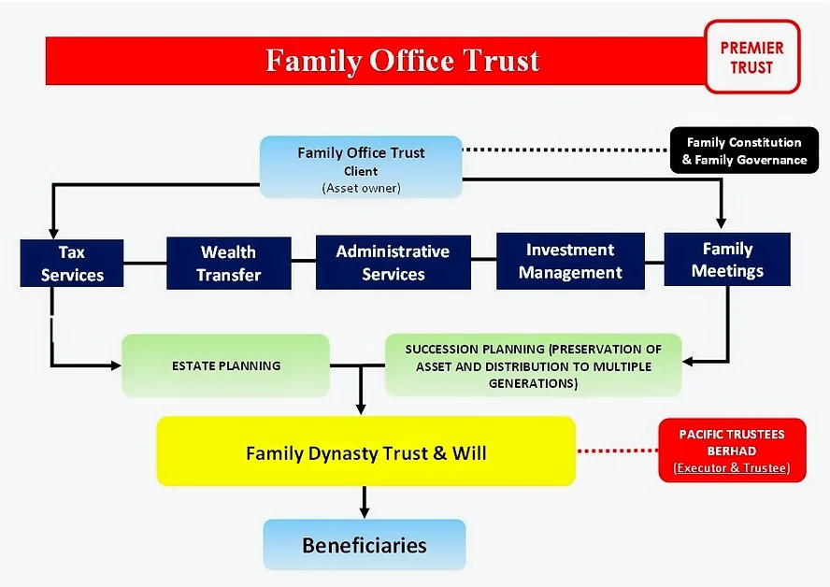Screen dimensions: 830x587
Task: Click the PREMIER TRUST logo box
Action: (x=752, y=57)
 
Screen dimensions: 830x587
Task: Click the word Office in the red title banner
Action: (x=409, y=61)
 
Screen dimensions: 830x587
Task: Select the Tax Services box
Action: (x=72, y=263)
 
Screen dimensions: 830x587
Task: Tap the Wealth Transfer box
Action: (x=229, y=263)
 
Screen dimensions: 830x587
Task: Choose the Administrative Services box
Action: (x=394, y=263)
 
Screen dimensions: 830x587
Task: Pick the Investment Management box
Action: (x=570, y=261)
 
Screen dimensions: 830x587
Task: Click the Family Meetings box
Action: (x=727, y=259)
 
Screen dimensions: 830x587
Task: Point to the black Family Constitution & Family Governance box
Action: (x=744, y=150)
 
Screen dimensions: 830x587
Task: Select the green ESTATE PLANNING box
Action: (x=226, y=365)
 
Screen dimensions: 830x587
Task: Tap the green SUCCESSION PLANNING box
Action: (x=533, y=365)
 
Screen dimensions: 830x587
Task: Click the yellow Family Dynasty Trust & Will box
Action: (x=365, y=451)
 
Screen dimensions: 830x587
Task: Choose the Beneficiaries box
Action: (x=365, y=545)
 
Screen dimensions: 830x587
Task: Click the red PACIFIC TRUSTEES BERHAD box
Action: (x=732, y=451)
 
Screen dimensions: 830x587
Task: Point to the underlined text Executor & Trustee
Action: (x=732, y=468)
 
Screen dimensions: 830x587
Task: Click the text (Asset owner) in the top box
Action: (x=361, y=188)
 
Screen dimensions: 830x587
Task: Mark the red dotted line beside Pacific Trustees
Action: (x=617, y=451)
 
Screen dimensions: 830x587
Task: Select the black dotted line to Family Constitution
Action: (x=566, y=150)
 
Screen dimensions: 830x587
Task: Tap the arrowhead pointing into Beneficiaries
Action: (x=365, y=512)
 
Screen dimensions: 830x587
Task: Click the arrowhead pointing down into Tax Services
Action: (x=53, y=233)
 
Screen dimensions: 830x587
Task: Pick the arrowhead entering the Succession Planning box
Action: (x=688, y=362)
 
